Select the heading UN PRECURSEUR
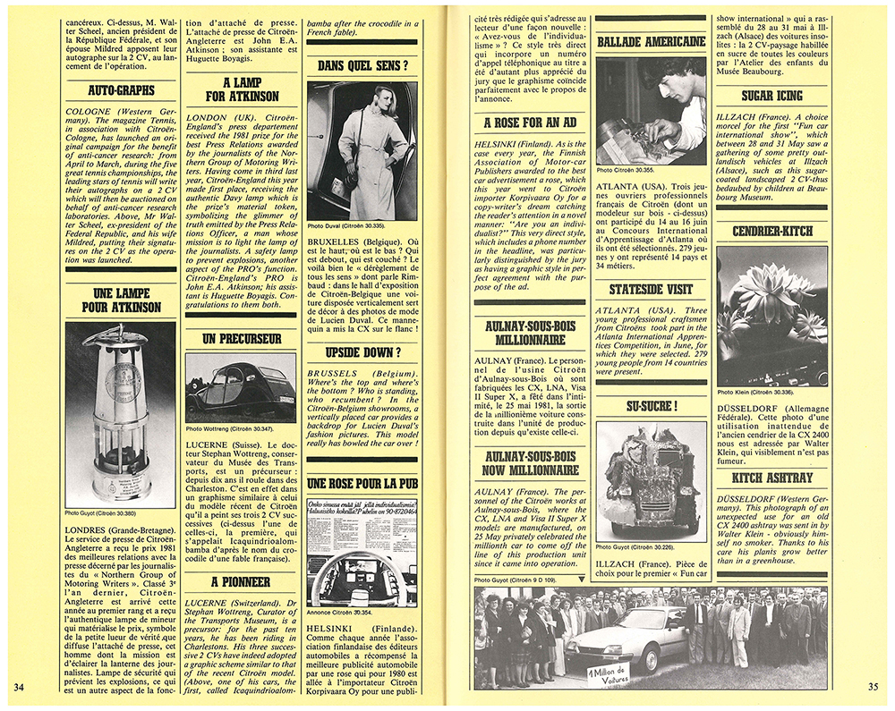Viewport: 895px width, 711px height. pos(241,339)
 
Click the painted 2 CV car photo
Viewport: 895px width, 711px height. pos(240,387)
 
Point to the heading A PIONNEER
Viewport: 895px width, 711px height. pos(241,582)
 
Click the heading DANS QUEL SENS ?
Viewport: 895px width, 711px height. pos(362,65)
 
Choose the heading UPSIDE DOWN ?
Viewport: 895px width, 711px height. pos(362,352)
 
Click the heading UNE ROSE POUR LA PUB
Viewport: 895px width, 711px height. pos(362,483)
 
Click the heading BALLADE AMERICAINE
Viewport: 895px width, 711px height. pos(651,41)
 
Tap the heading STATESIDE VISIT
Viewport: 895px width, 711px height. pos(651,290)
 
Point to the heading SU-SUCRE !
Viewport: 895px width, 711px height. pos(651,406)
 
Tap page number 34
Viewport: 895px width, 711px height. pos(20,687)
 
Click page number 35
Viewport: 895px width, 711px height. pos(874,687)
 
